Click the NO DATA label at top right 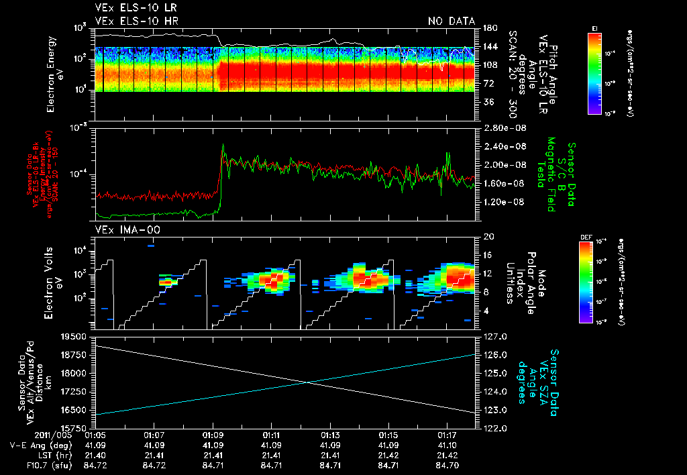(451, 21)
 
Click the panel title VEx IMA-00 (127, 230)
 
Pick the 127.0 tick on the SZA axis (495, 336)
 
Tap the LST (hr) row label (56, 455)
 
